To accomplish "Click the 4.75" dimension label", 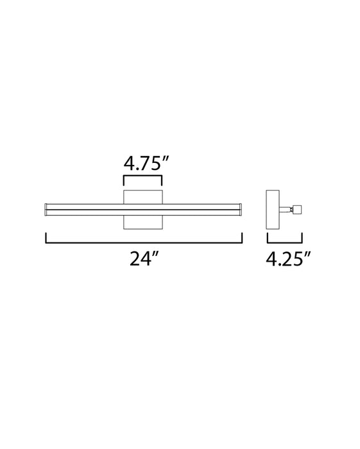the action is [x=145, y=164].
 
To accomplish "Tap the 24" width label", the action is [x=144, y=258].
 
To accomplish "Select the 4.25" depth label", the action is [x=288, y=258].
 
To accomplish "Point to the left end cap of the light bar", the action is [x=46, y=210].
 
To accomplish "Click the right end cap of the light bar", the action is [x=241, y=210].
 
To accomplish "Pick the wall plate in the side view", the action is [x=273, y=210].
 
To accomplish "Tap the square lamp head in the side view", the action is [x=298, y=210].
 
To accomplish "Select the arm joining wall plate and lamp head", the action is [x=286, y=210].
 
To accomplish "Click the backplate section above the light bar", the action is [x=143, y=197].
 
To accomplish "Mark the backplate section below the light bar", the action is [x=143, y=223].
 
